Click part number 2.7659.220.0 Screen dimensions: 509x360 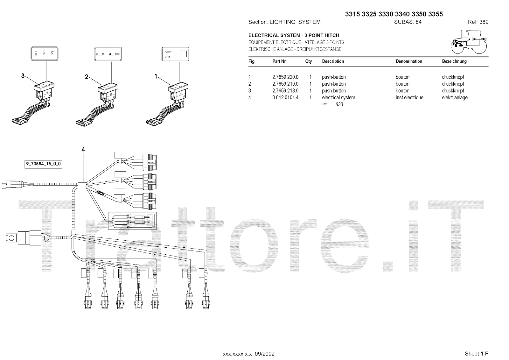tap(285, 77)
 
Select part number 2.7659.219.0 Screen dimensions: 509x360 tap(285, 84)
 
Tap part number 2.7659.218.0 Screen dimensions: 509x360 tap(285, 91)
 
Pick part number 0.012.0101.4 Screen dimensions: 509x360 tap(285, 98)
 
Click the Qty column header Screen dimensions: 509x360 tap(308, 61)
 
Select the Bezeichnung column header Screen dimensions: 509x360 tap(454, 61)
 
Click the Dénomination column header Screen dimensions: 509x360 tap(408, 61)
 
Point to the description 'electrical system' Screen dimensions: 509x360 tap(338, 98)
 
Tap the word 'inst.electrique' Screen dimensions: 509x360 tap(409, 98)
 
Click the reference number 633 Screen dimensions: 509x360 tap(339, 104)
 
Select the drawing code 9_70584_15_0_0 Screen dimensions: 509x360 tap(43, 164)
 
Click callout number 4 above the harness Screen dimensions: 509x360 tap(83, 149)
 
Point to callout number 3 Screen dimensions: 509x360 tap(23, 76)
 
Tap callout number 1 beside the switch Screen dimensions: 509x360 tap(156, 76)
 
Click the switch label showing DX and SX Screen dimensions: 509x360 tap(45, 53)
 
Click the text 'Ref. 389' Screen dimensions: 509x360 tap(478, 22)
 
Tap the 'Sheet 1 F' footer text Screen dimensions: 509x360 tap(476, 354)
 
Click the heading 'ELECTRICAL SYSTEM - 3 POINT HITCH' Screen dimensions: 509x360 tap(294, 35)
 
